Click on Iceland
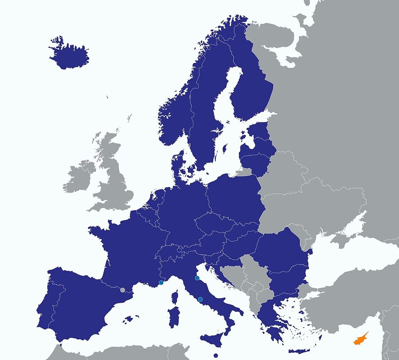pos(69,56)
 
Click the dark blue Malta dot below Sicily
pos(215,355)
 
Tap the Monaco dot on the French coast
pos(161,283)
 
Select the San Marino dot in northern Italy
pos(197,278)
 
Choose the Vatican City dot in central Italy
pos(200,300)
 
